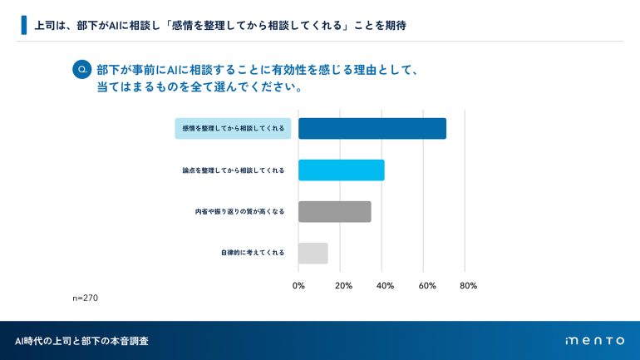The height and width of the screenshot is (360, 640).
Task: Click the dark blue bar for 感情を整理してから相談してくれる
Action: [x=372, y=129]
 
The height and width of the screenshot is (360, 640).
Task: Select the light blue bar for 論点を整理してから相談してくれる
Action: [x=341, y=170]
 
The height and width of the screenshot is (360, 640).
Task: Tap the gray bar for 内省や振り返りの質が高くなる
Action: [x=334, y=212]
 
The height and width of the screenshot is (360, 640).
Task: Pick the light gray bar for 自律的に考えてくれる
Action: [x=313, y=253]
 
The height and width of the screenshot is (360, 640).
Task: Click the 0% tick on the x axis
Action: [x=299, y=286]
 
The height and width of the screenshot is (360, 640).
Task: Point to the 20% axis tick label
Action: [x=342, y=286]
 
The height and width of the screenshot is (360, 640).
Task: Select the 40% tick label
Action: [x=385, y=286]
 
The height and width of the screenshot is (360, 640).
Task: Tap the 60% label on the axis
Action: [x=426, y=286]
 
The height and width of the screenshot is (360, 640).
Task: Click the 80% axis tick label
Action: [x=468, y=286]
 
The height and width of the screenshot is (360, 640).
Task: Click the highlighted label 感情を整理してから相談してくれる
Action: [x=233, y=129]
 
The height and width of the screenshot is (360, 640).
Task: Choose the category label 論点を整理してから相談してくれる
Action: [x=233, y=170]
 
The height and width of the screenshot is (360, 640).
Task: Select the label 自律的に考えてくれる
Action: [x=253, y=253]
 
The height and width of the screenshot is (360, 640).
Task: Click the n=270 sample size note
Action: [x=86, y=298]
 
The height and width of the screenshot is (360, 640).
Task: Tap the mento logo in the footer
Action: [x=593, y=341]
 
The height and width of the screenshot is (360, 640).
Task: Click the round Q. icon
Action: [x=81, y=71]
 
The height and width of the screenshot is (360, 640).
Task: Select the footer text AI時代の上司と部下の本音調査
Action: [x=82, y=341]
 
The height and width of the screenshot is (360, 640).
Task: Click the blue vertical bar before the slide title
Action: [x=23, y=25]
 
